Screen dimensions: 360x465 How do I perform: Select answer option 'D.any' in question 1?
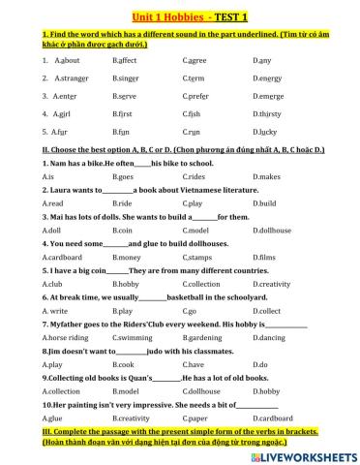click(262, 60)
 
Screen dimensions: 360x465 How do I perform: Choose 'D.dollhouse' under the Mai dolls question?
click(272, 231)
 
